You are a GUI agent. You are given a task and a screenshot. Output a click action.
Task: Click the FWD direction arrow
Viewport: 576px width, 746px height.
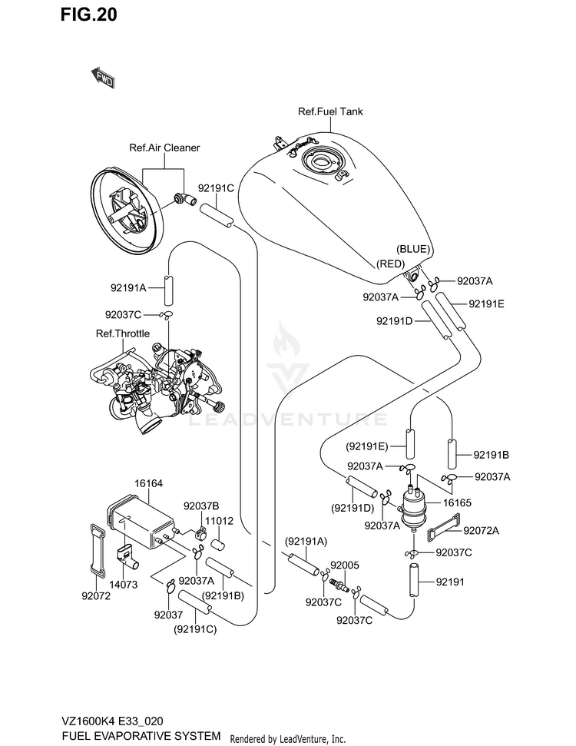pos(102,78)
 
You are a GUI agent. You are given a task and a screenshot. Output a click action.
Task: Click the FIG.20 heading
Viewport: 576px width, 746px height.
pos(88,15)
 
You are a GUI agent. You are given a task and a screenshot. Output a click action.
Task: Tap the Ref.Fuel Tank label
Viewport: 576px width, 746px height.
pos(330,111)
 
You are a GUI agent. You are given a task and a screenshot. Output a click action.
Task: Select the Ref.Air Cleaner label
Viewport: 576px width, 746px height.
pos(164,148)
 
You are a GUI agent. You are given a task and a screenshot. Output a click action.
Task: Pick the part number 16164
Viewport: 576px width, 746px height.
pos(148,483)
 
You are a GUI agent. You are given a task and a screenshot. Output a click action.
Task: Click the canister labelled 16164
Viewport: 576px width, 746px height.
pos(141,521)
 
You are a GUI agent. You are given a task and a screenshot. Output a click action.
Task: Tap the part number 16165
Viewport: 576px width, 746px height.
pos(457,503)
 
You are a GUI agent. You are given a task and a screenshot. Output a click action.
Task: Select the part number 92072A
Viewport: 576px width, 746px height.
pos(481,530)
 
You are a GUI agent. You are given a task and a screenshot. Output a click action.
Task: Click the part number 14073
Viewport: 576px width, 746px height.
pos(123,584)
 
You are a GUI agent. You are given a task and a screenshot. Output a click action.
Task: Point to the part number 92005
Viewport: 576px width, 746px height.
pos(345,565)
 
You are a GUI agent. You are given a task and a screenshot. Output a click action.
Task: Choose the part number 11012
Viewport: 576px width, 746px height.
pos(220,521)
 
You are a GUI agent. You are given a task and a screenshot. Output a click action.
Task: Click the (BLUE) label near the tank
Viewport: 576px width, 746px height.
pos(413,249)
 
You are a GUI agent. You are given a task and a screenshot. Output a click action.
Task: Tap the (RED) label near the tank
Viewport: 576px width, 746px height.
pos(390,264)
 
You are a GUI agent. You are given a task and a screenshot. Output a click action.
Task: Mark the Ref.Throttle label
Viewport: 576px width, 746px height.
pos(123,333)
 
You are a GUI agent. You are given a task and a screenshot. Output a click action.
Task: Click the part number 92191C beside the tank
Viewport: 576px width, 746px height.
pos(216,188)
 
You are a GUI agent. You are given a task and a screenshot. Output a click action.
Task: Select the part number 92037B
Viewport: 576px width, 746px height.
pos(201,506)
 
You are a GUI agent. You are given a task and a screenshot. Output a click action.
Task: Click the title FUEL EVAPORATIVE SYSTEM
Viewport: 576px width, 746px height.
pos(141,735)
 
